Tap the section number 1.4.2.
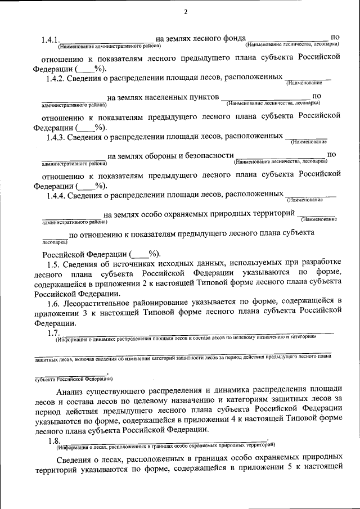pyautogui.click(x=58, y=78)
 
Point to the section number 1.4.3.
pyautogui.click(x=58, y=136)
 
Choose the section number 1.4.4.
pyautogui.click(x=58, y=195)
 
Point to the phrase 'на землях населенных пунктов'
pyautogui.click(x=163, y=97)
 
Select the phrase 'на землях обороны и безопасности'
pyautogui.click(x=170, y=156)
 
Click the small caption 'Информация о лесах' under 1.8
pyautogui.click(x=82, y=448)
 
